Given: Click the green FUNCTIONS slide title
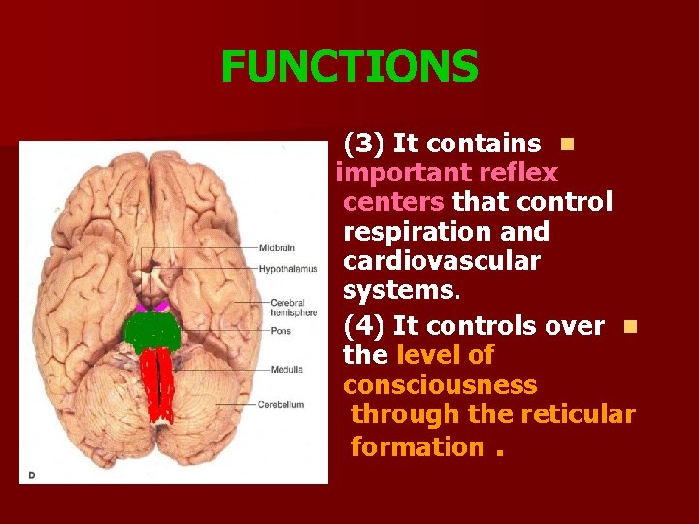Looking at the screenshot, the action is pos(349,68).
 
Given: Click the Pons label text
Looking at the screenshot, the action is pos(280,331).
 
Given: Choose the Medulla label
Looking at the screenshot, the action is pos(286,369).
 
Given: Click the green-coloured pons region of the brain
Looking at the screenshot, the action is pos(154,333).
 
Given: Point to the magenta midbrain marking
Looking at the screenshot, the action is pos(152,308).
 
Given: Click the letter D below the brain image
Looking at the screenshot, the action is pos(31,475).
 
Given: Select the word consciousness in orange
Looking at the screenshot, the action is pos(439,385).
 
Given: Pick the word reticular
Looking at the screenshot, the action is pos(578,414).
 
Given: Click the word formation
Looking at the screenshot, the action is pos(417,446).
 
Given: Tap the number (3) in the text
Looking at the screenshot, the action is pos(365,144).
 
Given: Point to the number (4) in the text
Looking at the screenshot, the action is pos(365,325).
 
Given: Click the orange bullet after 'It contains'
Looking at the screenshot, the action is pos(567,145).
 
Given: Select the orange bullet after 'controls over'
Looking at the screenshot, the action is pos(630,326).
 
